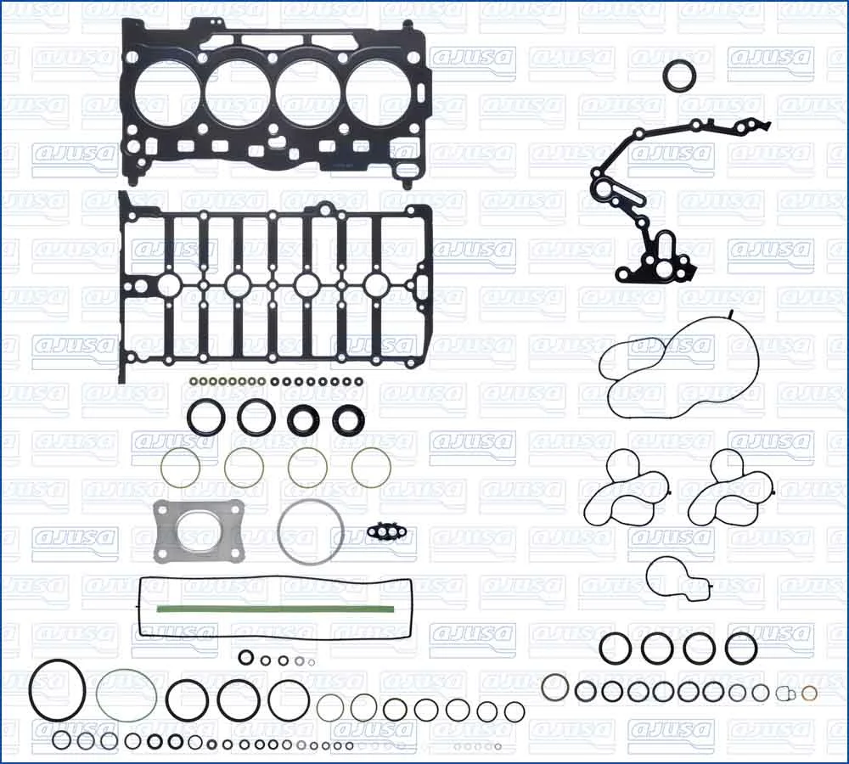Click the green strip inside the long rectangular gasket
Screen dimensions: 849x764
click(275, 610)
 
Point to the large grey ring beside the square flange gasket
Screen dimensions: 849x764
click(278, 531)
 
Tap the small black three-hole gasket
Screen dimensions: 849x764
click(391, 531)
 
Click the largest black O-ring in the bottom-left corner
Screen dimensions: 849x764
click(31, 690)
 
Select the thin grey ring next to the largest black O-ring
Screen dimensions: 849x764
click(98, 695)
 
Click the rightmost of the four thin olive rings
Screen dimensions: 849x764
click(352, 467)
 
